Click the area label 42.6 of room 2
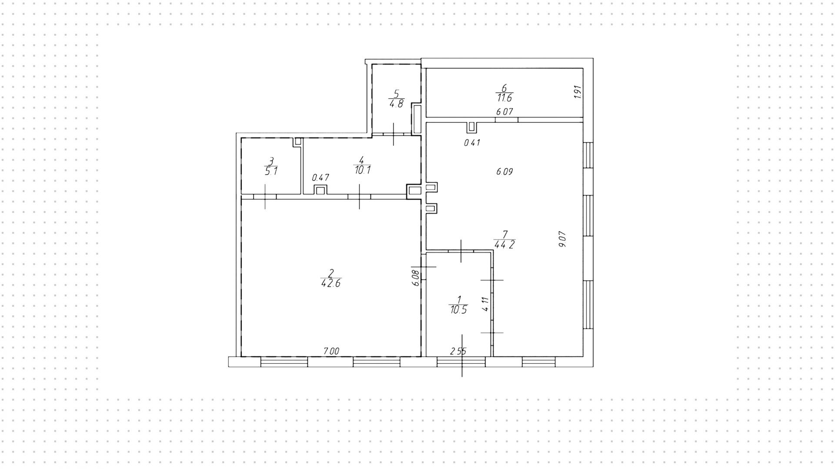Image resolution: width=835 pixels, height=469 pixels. (331, 283)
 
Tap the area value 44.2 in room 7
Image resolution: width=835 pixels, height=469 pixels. (504, 245)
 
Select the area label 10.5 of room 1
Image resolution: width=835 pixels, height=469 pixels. (458, 310)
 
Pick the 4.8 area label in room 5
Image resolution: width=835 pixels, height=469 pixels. (396, 104)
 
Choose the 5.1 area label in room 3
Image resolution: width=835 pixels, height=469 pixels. (271, 171)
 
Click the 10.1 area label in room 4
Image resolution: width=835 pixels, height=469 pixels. (362, 170)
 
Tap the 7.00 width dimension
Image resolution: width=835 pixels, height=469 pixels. (331, 351)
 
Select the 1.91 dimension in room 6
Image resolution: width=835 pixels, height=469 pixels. (578, 92)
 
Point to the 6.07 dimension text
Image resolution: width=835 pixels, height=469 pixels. (504, 112)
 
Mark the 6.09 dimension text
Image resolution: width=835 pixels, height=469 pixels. (504, 171)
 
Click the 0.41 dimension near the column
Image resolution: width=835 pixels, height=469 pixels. (472, 142)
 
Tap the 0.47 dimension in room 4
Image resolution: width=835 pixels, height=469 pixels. (321, 178)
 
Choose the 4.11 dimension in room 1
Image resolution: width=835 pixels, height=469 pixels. (486, 303)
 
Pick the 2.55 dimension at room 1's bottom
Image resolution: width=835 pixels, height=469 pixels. (458, 351)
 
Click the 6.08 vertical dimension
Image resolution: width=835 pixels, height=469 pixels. (416, 278)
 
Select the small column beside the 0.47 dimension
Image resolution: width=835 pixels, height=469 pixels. (320, 190)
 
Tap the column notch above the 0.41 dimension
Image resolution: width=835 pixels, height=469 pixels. (472, 127)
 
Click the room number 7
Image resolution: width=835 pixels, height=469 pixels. (505, 234)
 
